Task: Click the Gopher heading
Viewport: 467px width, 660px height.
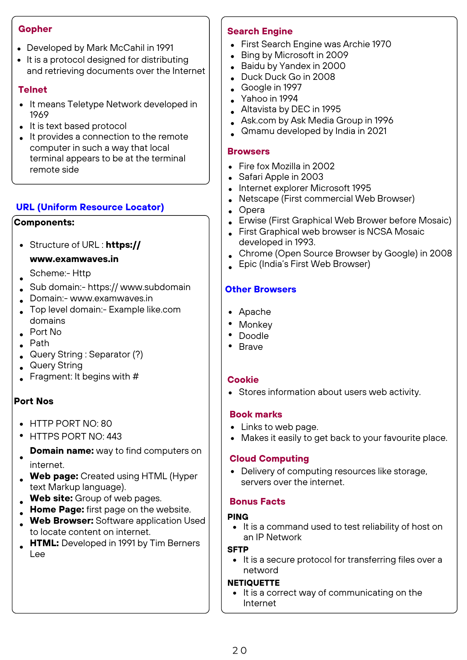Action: point(35,29)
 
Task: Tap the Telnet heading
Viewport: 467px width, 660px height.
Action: point(33,90)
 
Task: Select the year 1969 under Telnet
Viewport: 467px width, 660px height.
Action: point(39,115)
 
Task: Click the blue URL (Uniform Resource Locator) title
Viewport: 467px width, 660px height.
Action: point(90,207)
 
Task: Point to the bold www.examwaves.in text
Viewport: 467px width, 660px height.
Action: point(74,259)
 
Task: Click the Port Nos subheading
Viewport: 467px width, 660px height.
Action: point(34,401)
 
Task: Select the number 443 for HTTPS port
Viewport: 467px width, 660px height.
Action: point(114,437)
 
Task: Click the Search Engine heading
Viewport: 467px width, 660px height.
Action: point(260,31)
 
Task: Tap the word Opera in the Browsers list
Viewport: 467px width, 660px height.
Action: point(252,210)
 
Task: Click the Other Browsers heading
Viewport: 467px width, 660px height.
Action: point(261,289)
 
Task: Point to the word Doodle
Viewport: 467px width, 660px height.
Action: point(254,336)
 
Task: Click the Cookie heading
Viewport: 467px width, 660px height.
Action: point(243,380)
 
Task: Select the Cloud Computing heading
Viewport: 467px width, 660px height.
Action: point(269,459)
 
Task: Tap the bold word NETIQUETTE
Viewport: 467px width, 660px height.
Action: point(254,583)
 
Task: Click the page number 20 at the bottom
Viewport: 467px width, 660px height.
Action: point(239,650)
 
